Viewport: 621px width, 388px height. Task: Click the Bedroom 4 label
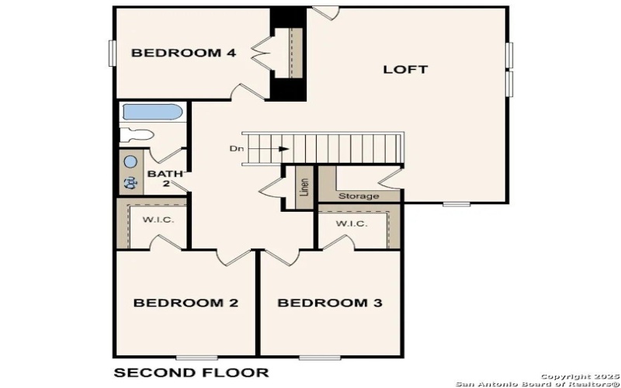pos(183,53)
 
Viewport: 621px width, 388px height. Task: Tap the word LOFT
pos(405,69)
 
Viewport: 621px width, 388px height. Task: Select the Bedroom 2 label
pos(186,303)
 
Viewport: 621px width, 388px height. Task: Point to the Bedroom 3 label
pos(330,303)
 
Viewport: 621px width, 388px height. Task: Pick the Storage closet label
pos(359,196)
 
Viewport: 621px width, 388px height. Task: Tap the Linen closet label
pos(305,188)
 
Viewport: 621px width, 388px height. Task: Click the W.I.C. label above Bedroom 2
pos(158,220)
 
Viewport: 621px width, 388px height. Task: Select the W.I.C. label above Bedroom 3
pos(351,223)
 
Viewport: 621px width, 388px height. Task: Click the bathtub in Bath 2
pos(152,113)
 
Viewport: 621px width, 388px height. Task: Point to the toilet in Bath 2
pos(137,135)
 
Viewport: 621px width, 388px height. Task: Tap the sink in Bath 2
pos(130,162)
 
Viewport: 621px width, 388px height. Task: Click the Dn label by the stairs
pos(236,148)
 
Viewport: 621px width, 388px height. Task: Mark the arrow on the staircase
pos(279,148)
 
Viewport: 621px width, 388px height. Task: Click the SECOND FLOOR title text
pos(191,372)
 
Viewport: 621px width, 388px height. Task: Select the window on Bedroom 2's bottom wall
pos(196,357)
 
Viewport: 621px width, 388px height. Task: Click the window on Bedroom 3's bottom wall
pos(321,357)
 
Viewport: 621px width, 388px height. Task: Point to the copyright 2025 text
pos(575,376)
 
